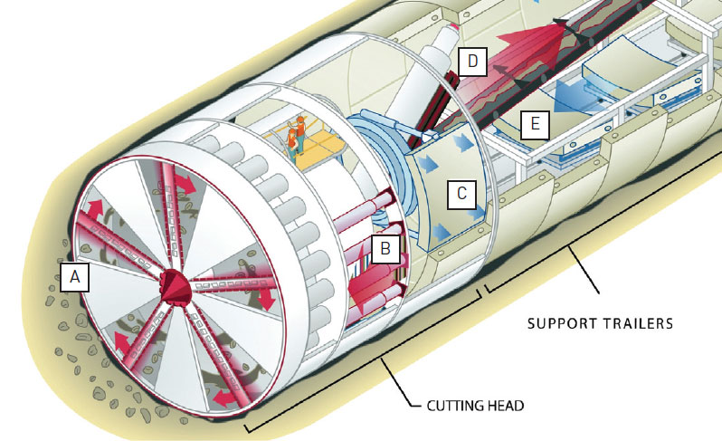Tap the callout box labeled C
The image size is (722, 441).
[461, 193]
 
